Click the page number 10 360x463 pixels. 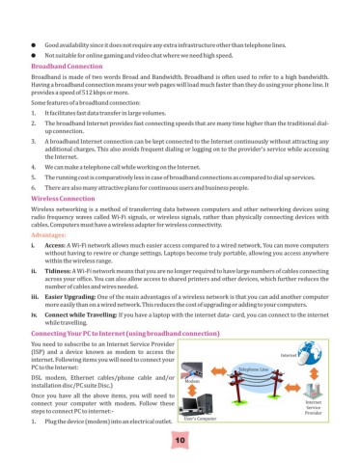pos(180,442)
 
